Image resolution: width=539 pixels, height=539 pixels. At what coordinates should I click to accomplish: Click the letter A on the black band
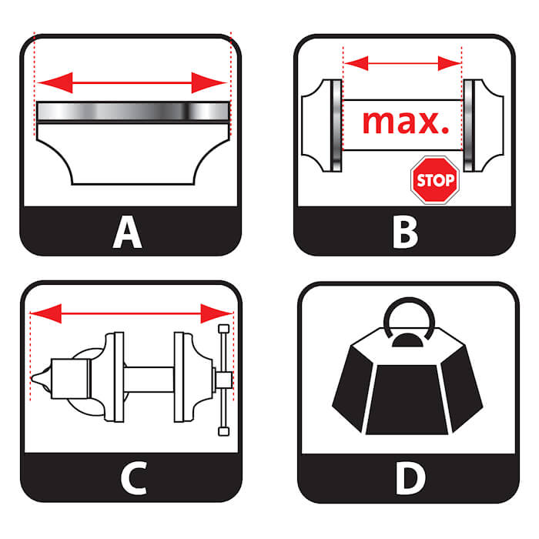pos(127,232)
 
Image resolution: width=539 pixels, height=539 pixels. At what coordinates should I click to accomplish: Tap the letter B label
pos(405,232)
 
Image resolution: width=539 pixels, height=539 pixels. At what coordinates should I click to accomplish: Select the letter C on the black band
pos(134,478)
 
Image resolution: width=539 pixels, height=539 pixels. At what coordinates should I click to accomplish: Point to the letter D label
pos(410,478)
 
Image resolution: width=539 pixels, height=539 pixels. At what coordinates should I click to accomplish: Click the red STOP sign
pos(435,180)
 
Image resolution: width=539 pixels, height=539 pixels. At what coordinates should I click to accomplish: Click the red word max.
pos(406,122)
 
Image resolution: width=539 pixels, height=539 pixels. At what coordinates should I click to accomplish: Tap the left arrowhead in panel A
pos(55,82)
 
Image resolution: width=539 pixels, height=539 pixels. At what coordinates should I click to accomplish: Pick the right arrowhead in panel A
pos(209,82)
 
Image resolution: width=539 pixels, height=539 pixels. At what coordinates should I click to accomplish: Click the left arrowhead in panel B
pos(357,63)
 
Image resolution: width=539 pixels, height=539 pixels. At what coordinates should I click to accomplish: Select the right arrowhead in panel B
pos(449,63)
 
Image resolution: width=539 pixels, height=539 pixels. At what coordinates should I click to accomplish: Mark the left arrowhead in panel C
pos(46,313)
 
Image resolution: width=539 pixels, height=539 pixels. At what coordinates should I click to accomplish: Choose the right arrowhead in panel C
pos(216,313)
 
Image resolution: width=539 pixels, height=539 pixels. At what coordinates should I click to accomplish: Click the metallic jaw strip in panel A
pos(132,112)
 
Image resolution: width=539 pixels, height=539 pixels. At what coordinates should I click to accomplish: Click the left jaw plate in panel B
pos(336,126)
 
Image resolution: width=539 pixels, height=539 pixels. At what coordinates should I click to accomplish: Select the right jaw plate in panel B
pos(469,126)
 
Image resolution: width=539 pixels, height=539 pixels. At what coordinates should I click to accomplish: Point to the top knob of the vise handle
pos(224,329)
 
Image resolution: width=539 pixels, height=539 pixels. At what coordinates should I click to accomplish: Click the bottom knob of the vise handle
pos(224,431)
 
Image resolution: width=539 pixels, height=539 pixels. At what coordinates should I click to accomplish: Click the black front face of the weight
pos(407,400)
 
